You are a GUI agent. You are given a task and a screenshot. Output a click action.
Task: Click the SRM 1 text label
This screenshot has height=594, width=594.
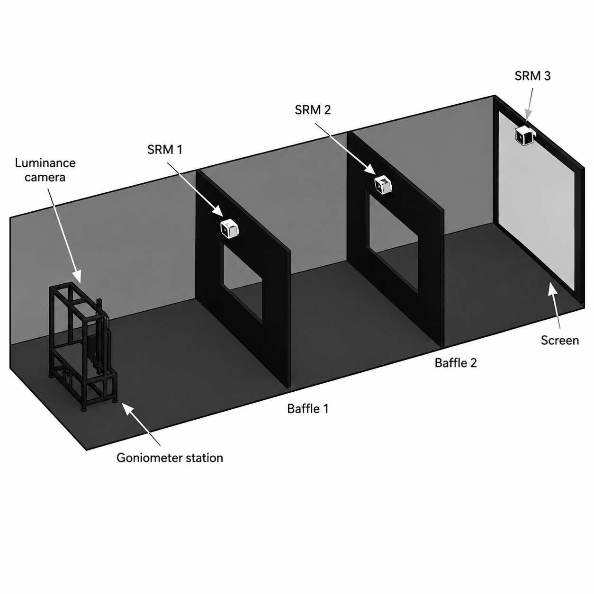point(165,150)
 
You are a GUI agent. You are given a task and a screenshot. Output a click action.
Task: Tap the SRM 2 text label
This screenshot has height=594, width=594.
point(313,110)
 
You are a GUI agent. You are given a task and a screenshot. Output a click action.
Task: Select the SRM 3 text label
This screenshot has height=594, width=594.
point(532,76)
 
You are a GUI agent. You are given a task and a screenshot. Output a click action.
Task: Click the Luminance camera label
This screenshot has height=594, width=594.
point(45,170)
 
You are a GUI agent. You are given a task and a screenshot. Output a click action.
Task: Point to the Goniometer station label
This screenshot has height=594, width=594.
point(170,458)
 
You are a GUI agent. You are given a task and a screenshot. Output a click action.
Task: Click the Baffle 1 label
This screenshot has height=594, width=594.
point(307,409)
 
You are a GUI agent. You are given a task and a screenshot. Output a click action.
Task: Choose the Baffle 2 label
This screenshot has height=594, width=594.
point(456,363)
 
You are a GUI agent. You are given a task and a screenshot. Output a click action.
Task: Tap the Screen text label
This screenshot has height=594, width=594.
point(560,340)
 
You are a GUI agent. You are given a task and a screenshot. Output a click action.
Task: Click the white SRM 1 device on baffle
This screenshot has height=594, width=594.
point(230,228)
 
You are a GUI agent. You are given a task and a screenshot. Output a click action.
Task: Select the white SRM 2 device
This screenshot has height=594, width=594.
point(383,184)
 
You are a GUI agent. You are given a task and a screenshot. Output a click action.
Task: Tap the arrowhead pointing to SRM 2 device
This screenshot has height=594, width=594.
point(369,169)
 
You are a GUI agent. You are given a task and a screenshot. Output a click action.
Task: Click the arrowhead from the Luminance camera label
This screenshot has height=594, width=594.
point(77,276)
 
